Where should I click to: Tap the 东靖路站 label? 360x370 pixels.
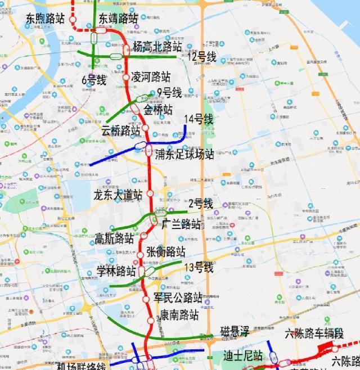pos(118,18)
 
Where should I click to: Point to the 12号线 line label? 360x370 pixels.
pos(202,56)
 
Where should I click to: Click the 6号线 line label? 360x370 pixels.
pos(93,80)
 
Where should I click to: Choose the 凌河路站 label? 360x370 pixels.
pos(150,77)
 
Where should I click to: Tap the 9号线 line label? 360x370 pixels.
pos(169,92)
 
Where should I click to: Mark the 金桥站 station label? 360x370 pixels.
pos(158,109)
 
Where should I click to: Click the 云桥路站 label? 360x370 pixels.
pos(121,130)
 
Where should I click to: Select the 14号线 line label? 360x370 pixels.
pos(199,119)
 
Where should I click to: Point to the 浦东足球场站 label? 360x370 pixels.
pos(185,154)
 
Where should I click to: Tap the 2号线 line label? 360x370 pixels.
pos(200,204)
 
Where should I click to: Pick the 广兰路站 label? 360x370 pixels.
pos(181,224)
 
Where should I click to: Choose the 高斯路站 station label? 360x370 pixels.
pos(115,238)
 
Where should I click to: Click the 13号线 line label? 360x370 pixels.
pos(199,268)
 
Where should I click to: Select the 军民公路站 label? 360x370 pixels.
pos(178,297)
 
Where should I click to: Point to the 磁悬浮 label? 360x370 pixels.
pos(233,331)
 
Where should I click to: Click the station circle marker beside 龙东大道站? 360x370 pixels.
pos(150,193)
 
